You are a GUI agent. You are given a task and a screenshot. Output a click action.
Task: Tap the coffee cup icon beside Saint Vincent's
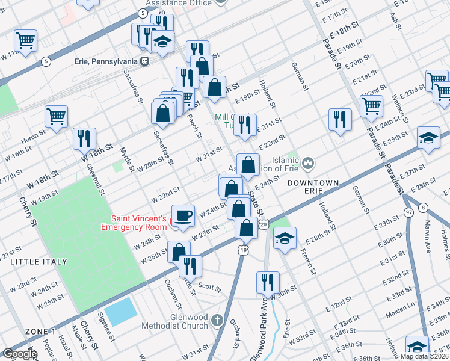click(183, 214)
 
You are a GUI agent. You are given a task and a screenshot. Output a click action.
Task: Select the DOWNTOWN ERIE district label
click(312, 186)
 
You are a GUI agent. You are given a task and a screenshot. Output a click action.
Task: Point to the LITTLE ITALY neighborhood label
click(34, 262)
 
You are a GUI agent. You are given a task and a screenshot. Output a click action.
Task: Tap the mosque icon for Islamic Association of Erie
click(307, 163)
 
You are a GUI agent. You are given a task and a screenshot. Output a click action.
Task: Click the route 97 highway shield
click(409, 213)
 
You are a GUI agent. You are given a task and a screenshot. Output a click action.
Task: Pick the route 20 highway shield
click(263, 224)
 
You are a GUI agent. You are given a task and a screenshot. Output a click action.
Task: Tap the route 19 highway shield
click(243, 250)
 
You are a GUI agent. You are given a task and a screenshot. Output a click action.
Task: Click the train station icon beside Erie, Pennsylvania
click(144, 61)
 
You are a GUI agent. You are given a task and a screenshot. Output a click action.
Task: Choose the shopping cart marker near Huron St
click(56, 116)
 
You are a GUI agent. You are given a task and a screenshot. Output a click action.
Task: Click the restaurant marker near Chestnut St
click(84, 138)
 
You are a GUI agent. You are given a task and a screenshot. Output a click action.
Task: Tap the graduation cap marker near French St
click(285, 238)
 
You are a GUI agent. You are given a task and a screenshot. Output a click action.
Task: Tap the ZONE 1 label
click(40, 332)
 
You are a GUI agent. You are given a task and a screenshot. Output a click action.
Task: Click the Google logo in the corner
click(20, 354)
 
